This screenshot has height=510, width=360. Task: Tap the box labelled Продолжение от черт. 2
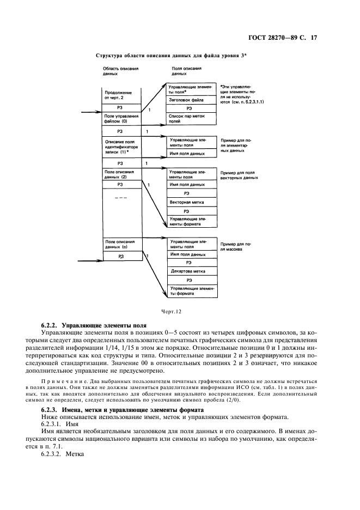121,94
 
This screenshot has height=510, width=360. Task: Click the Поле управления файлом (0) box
121,119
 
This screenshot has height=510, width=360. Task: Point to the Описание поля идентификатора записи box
121,147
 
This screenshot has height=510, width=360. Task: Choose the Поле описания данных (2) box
121,174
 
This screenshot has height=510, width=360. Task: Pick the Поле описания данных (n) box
121,244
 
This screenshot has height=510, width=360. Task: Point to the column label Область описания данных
120,72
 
